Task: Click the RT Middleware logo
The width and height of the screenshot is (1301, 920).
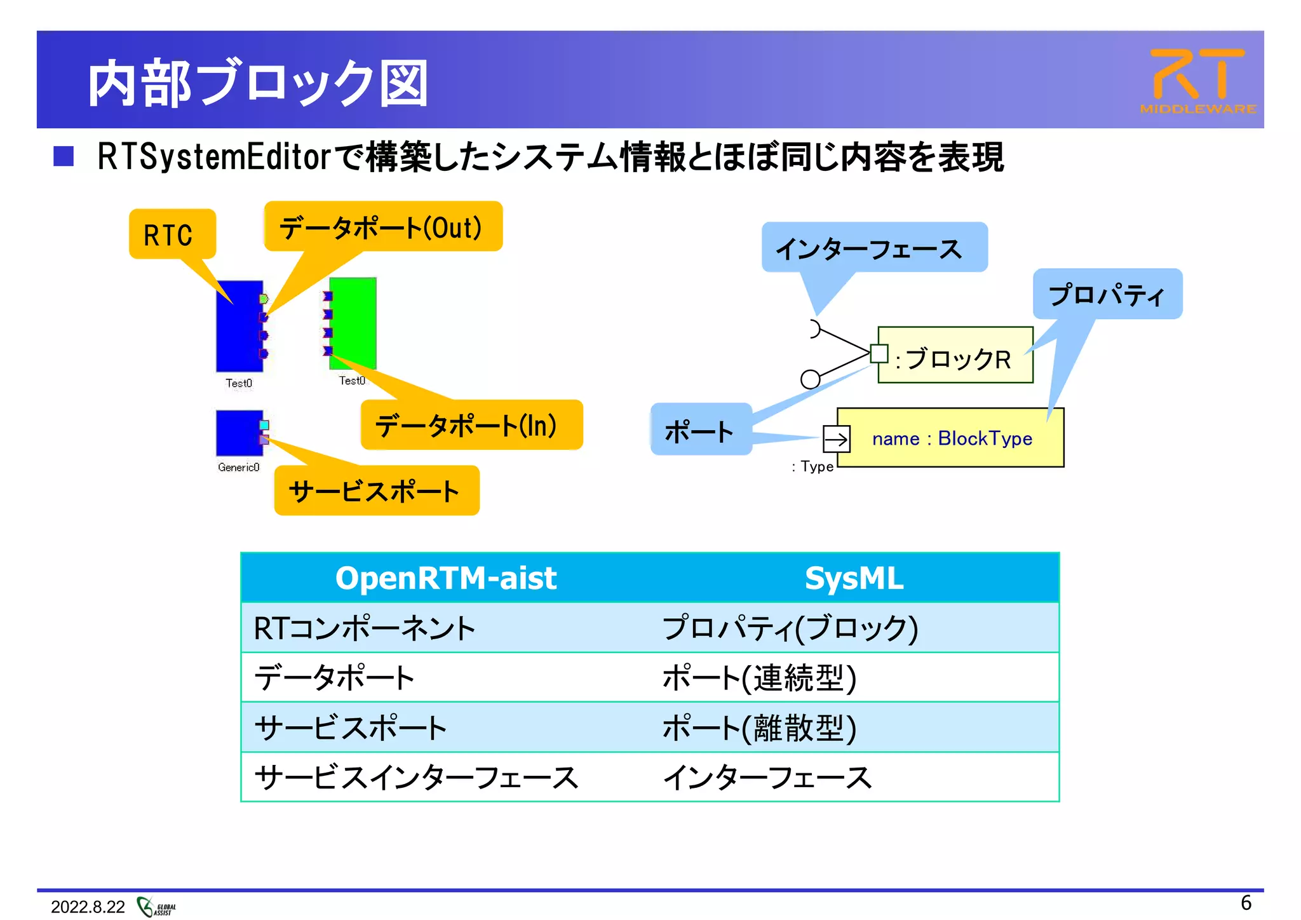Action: tap(1197, 81)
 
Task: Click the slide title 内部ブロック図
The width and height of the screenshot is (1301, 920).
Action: tap(257, 83)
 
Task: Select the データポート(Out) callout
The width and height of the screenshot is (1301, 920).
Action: tap(382, 227)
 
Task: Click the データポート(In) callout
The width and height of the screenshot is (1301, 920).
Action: tap(471, 425)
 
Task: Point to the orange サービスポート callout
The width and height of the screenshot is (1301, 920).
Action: tap(376, 491)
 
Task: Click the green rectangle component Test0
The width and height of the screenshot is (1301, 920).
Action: tap(353, 323)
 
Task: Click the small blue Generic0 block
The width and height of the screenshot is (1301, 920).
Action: tap(238, 433)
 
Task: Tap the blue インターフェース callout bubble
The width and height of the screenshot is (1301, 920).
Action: tap(873, 248)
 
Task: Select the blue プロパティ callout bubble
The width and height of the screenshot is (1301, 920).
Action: tap(1107, 294)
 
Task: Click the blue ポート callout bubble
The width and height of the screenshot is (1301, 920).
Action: tap(701, 430)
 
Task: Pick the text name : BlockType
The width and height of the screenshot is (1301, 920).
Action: tap(952, 438)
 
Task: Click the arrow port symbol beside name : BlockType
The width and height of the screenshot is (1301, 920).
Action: tap(836, 438)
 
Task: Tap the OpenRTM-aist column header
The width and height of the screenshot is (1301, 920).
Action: tap(446, 578)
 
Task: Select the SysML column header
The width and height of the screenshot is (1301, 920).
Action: tap(854, 578)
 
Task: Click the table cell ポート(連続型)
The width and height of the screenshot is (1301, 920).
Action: tap(759, 677)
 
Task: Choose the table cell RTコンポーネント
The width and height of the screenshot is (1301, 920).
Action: tap(365, 628)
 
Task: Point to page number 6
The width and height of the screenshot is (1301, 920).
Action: tap(1246, 903)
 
